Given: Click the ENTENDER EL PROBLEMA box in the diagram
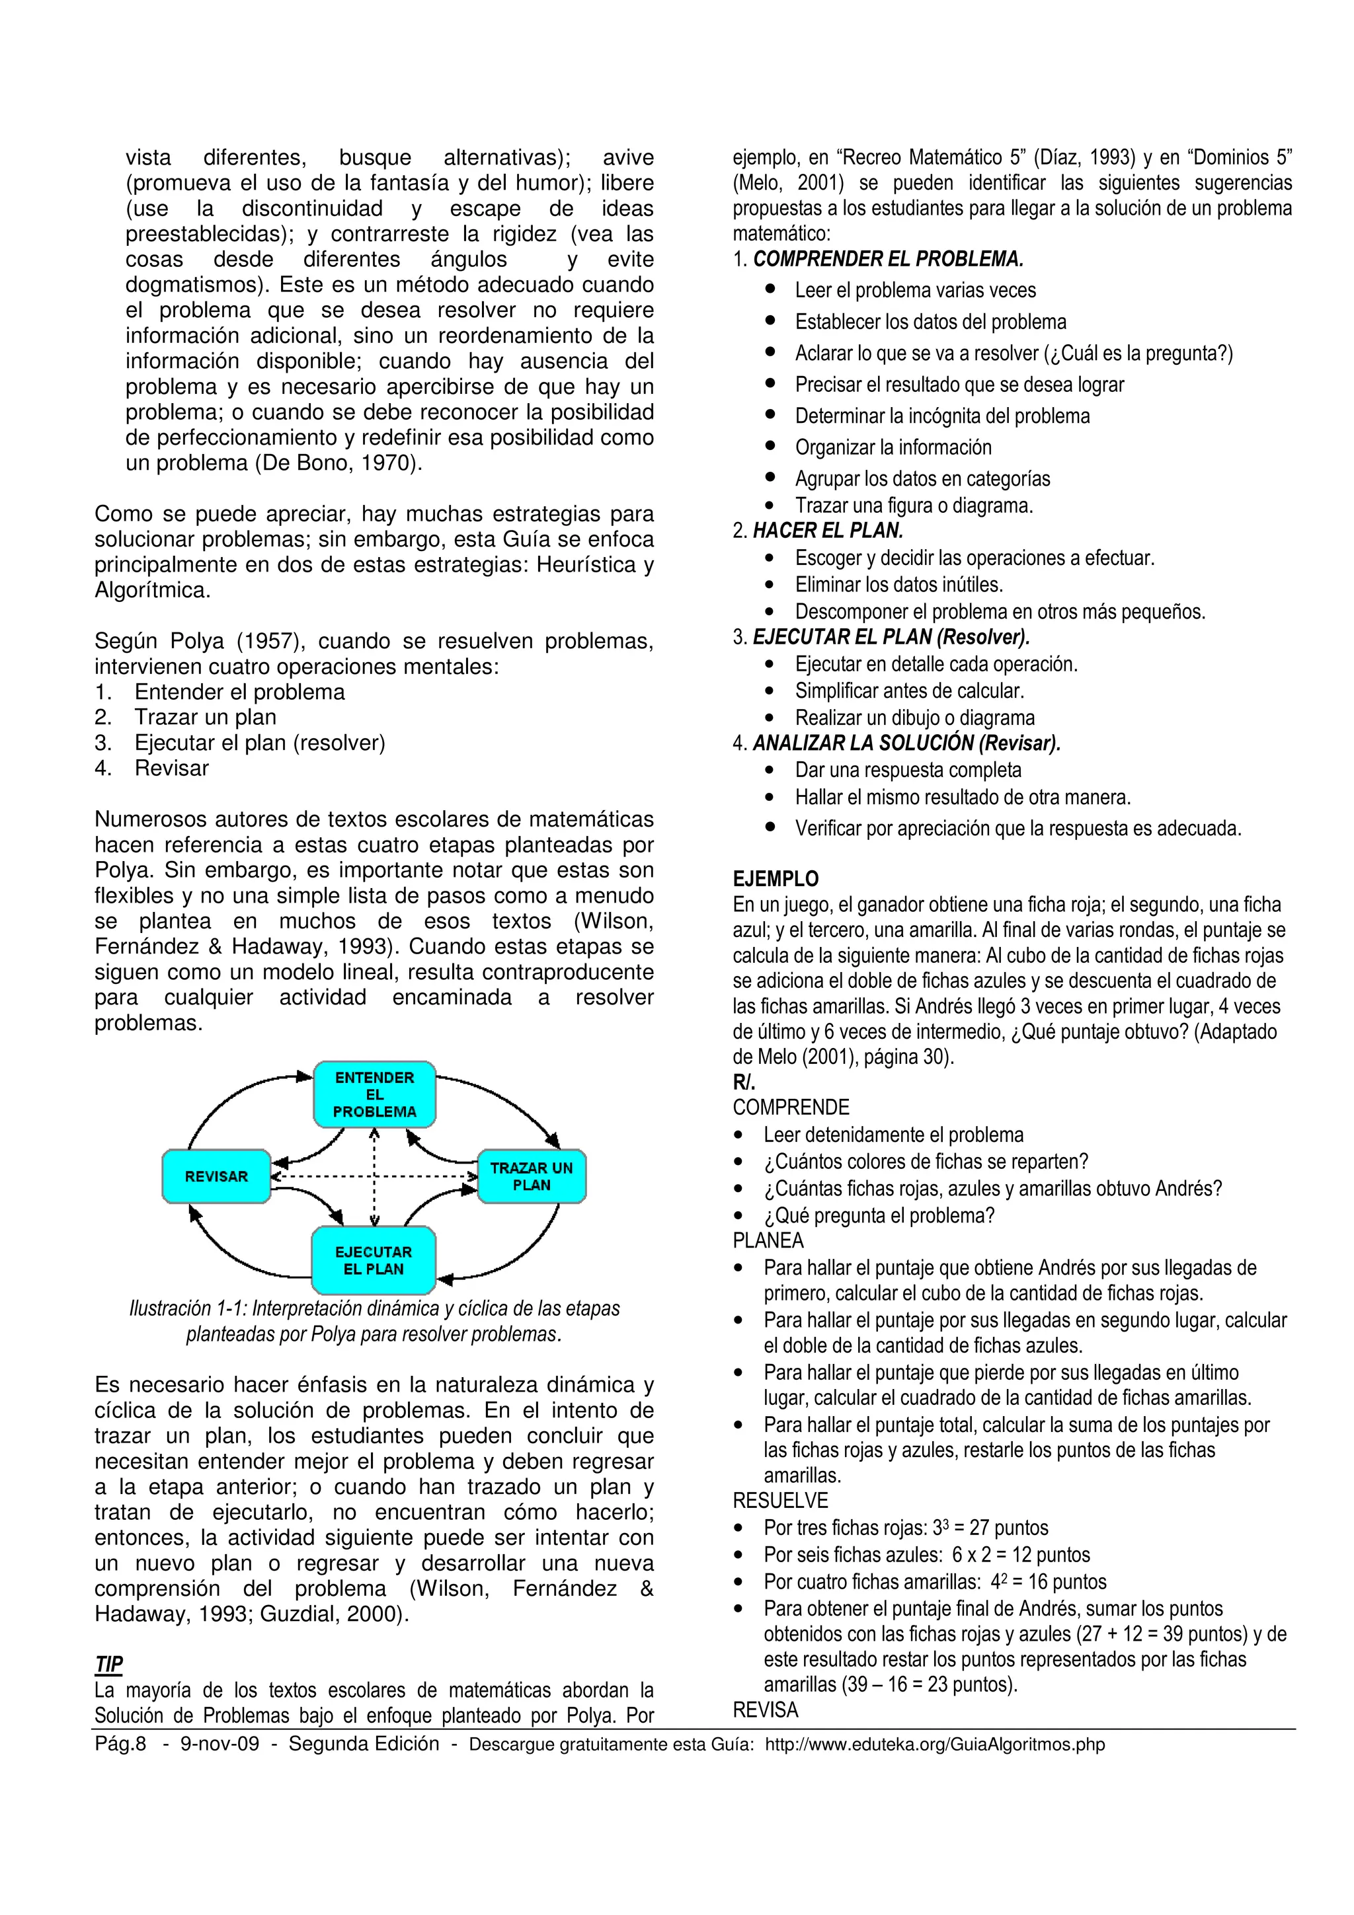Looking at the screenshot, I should (x=375, y=1094).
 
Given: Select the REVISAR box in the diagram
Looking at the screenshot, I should (x=216, y=1176).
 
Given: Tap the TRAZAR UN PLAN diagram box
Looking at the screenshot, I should (x=532, y=1176).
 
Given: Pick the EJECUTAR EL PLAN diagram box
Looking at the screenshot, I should (x=374, y=1260).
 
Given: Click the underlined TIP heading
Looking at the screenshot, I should (x=108, y=1664).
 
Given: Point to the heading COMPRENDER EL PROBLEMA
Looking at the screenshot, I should (x=888, y=260).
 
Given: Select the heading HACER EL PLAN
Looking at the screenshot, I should (x=828, y=531).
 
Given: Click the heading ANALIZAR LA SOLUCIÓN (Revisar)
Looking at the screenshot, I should (x=906, y=743).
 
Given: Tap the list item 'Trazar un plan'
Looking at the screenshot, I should (x=205, y=717).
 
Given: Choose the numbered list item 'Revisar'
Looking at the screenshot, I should (x=172, y=768).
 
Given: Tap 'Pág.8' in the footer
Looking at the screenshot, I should (x=120, y=1744).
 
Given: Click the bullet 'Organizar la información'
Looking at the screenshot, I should (x=893, y=448).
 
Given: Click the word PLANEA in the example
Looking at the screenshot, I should (x=768, y=1241).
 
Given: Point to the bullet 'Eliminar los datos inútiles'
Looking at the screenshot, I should (x=898, y=585).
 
